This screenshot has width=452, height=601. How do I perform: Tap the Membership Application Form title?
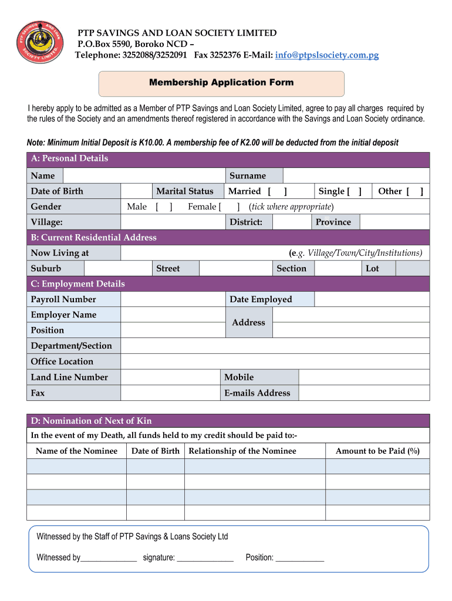pyautogui.click(x=221, y=83)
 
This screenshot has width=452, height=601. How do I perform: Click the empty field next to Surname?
pyautogui.click(x=356, y=175)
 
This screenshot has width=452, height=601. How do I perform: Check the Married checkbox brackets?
pyautogui.click(x=277, y=191)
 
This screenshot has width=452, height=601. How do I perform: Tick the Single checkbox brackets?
pyautogui.click(x=354, y=191)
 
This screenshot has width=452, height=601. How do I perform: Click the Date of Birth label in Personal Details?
pyautogui.click(x=57, y=191)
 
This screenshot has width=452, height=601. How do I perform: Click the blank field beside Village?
pyautogui.click(x=173, y=222)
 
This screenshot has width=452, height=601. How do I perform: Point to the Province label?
pyautogui.click(x=333, y=222)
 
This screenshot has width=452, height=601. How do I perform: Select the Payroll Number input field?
pyautogui.click(x=173, y=299)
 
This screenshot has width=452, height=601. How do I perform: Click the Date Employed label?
pyautogui.click(x=261, y=299)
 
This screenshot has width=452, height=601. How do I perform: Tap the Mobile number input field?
pyautogui.click(x=363, y=377)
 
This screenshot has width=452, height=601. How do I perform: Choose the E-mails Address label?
pyautogui.click(x=257, y=393)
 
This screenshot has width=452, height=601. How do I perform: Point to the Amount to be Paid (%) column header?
pyautogui.click(x=377, y=451)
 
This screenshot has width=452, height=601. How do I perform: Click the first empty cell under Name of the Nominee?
pyautogui.click(x=76, y=466)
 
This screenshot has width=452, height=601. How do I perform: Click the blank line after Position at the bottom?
pyautogui.click(x=300, y=558)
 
